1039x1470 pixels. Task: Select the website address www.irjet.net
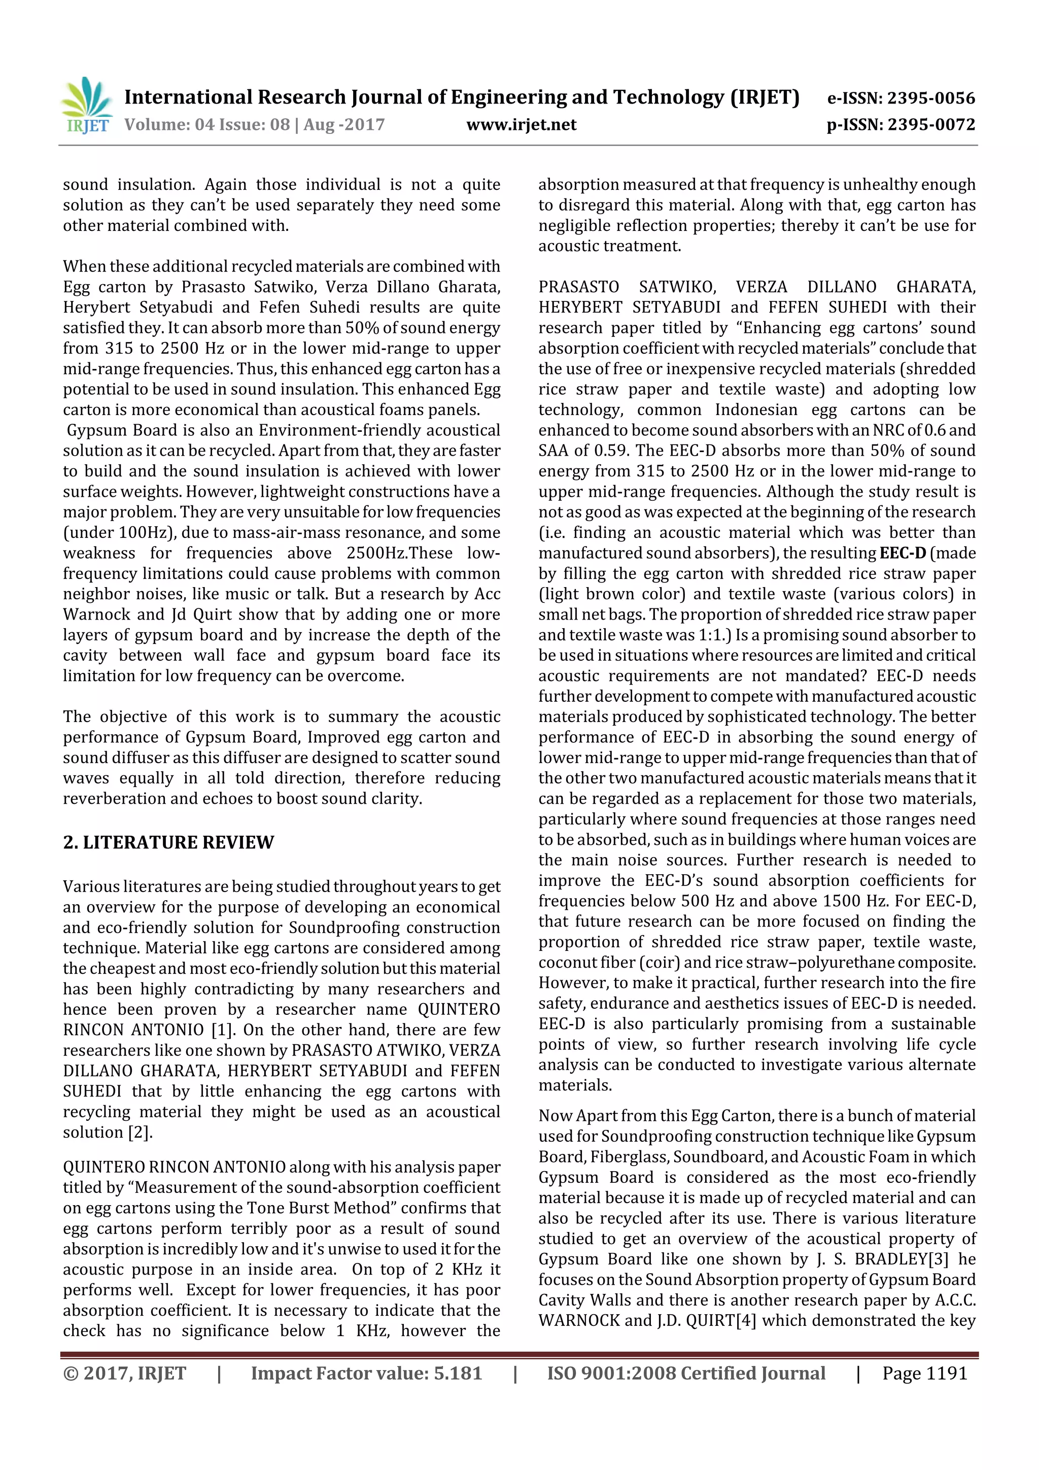pyautogui.click(x=521, y=124)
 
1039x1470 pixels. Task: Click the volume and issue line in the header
pyautogui.click(x=254, y=124)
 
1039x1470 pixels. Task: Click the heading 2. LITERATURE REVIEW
pyautogui.click(x=168, y=842)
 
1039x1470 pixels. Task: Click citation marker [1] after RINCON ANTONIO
pyautogui.click(x=222, y=1030)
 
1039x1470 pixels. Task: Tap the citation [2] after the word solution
pyautogui.click(x=140, y=1132)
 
